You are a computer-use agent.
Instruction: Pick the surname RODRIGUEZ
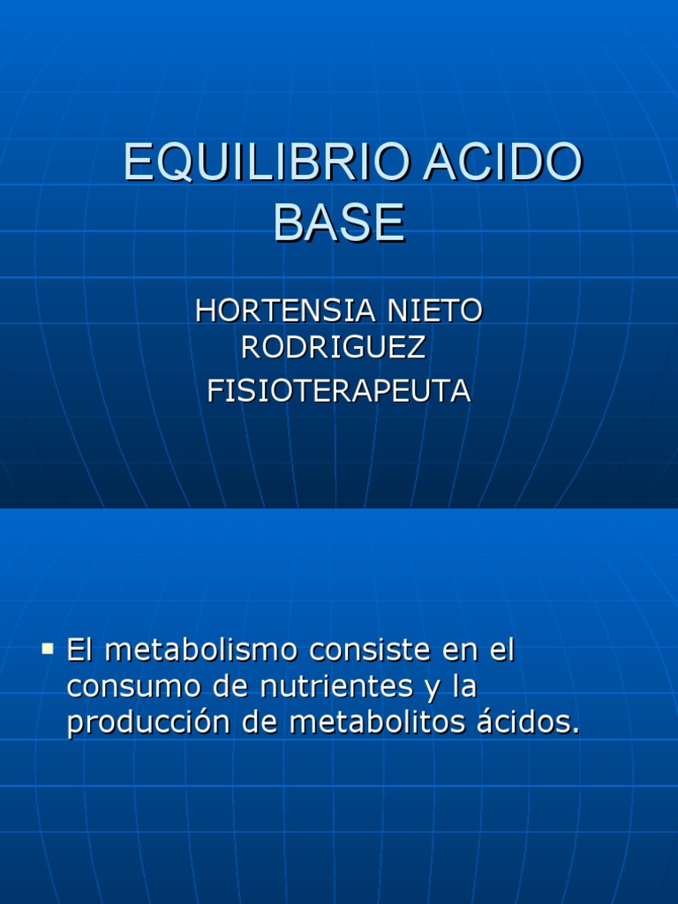coord(333,348)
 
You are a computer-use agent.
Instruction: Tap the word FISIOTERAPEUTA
coord(339,391)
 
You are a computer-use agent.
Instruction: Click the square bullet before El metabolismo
coord(48,651)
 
